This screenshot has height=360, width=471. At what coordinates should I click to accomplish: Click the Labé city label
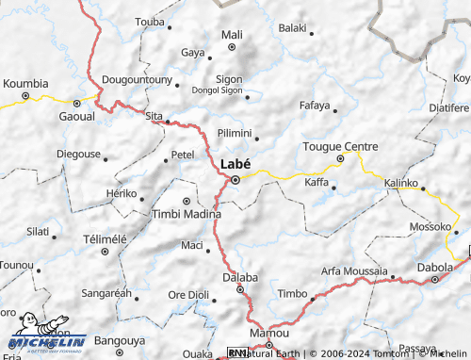point(235,163)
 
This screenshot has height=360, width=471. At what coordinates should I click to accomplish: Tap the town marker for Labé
point(236,179)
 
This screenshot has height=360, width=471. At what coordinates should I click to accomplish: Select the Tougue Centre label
point(340,146)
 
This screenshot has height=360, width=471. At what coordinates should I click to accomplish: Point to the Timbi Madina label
point(187,214)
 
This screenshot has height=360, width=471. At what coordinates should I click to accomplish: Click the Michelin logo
point(47,340)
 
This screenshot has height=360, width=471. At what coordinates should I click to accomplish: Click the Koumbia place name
point(25,83)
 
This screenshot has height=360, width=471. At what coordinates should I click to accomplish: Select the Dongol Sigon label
point(217,92)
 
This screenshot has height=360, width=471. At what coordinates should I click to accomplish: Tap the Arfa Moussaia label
point(354,270)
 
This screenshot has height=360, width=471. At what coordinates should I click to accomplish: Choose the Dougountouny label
point(137,80)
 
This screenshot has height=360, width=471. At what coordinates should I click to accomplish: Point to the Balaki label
point(294,27)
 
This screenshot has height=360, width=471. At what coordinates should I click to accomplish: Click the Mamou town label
point(268,333)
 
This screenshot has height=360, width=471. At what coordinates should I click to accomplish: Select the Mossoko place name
point(431,226)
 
